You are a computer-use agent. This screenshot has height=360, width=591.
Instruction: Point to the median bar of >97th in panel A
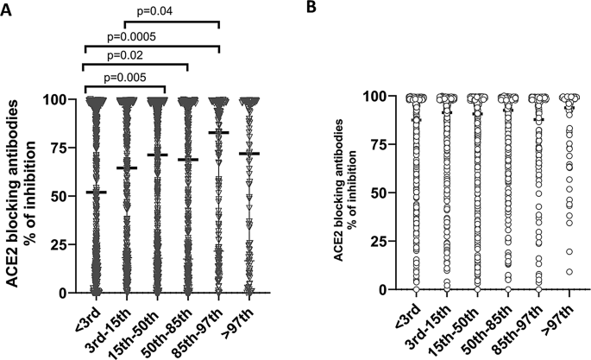point(248,153)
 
